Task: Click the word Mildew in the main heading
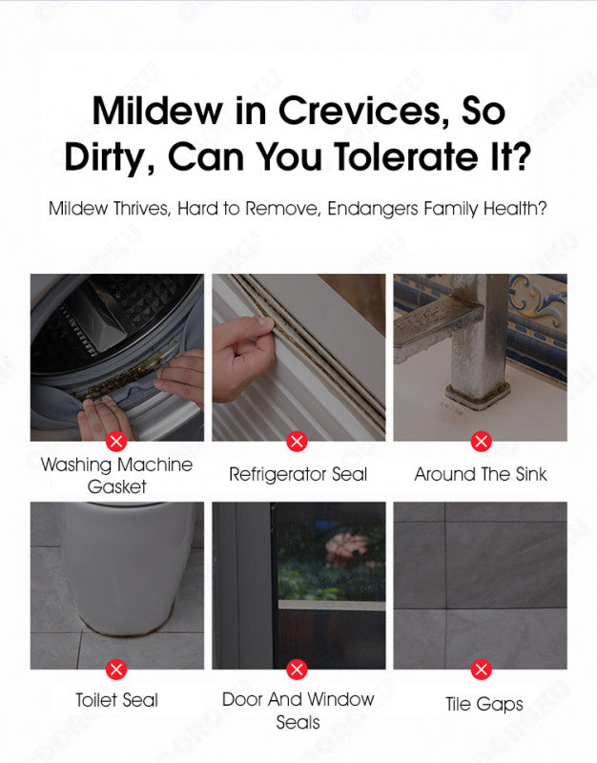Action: click(157, 111)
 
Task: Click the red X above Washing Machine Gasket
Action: click(116, 442)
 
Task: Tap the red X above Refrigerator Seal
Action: click(297, 442)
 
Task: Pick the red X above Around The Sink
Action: click(482, 442)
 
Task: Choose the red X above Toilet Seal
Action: click(116, 670)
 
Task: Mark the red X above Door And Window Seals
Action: click(297, 670)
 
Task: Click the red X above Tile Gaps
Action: click(482, 670)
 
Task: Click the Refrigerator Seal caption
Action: click(298, 474)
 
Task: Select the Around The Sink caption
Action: click(481, 474)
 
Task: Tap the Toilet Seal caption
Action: click(116, 700)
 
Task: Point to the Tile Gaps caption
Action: click(484, 704)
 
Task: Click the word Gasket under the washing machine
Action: click(116, 486)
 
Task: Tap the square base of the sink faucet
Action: click(478, 395)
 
